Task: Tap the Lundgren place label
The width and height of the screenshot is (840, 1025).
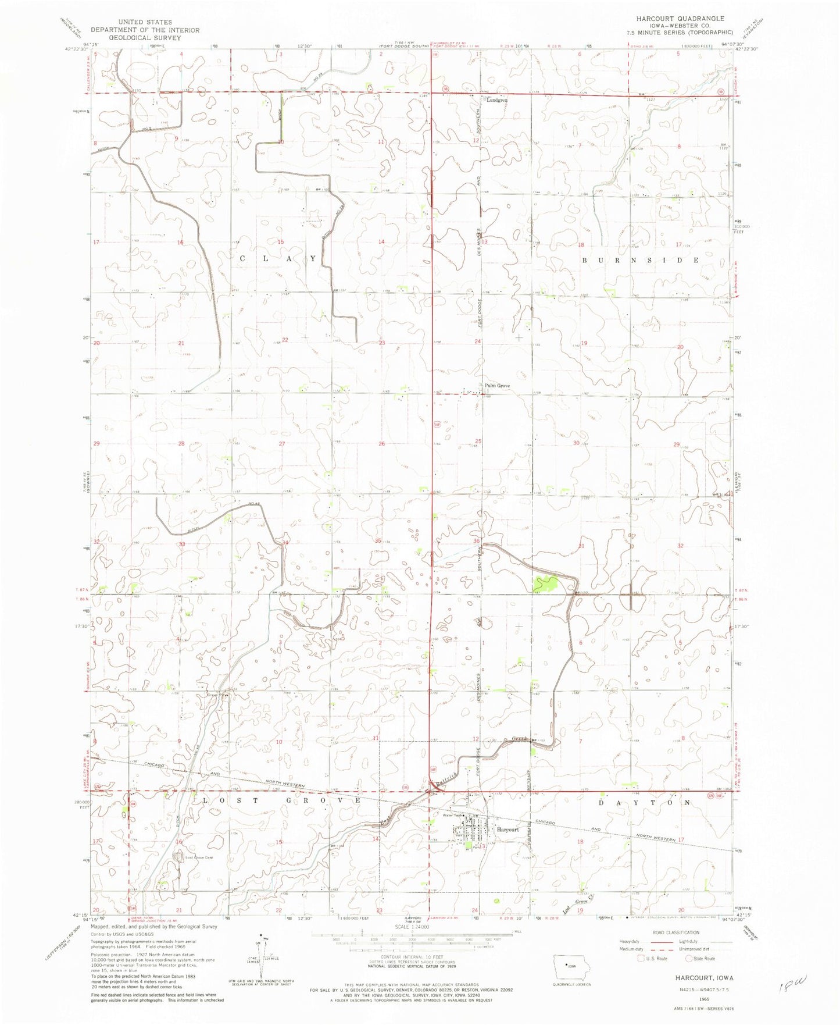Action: tap(497, 100)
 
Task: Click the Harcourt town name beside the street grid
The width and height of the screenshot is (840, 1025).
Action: tap(507, 830)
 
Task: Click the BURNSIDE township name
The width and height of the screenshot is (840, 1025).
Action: tap(640, 261)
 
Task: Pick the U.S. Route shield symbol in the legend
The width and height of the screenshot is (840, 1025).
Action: tap(641, 958)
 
